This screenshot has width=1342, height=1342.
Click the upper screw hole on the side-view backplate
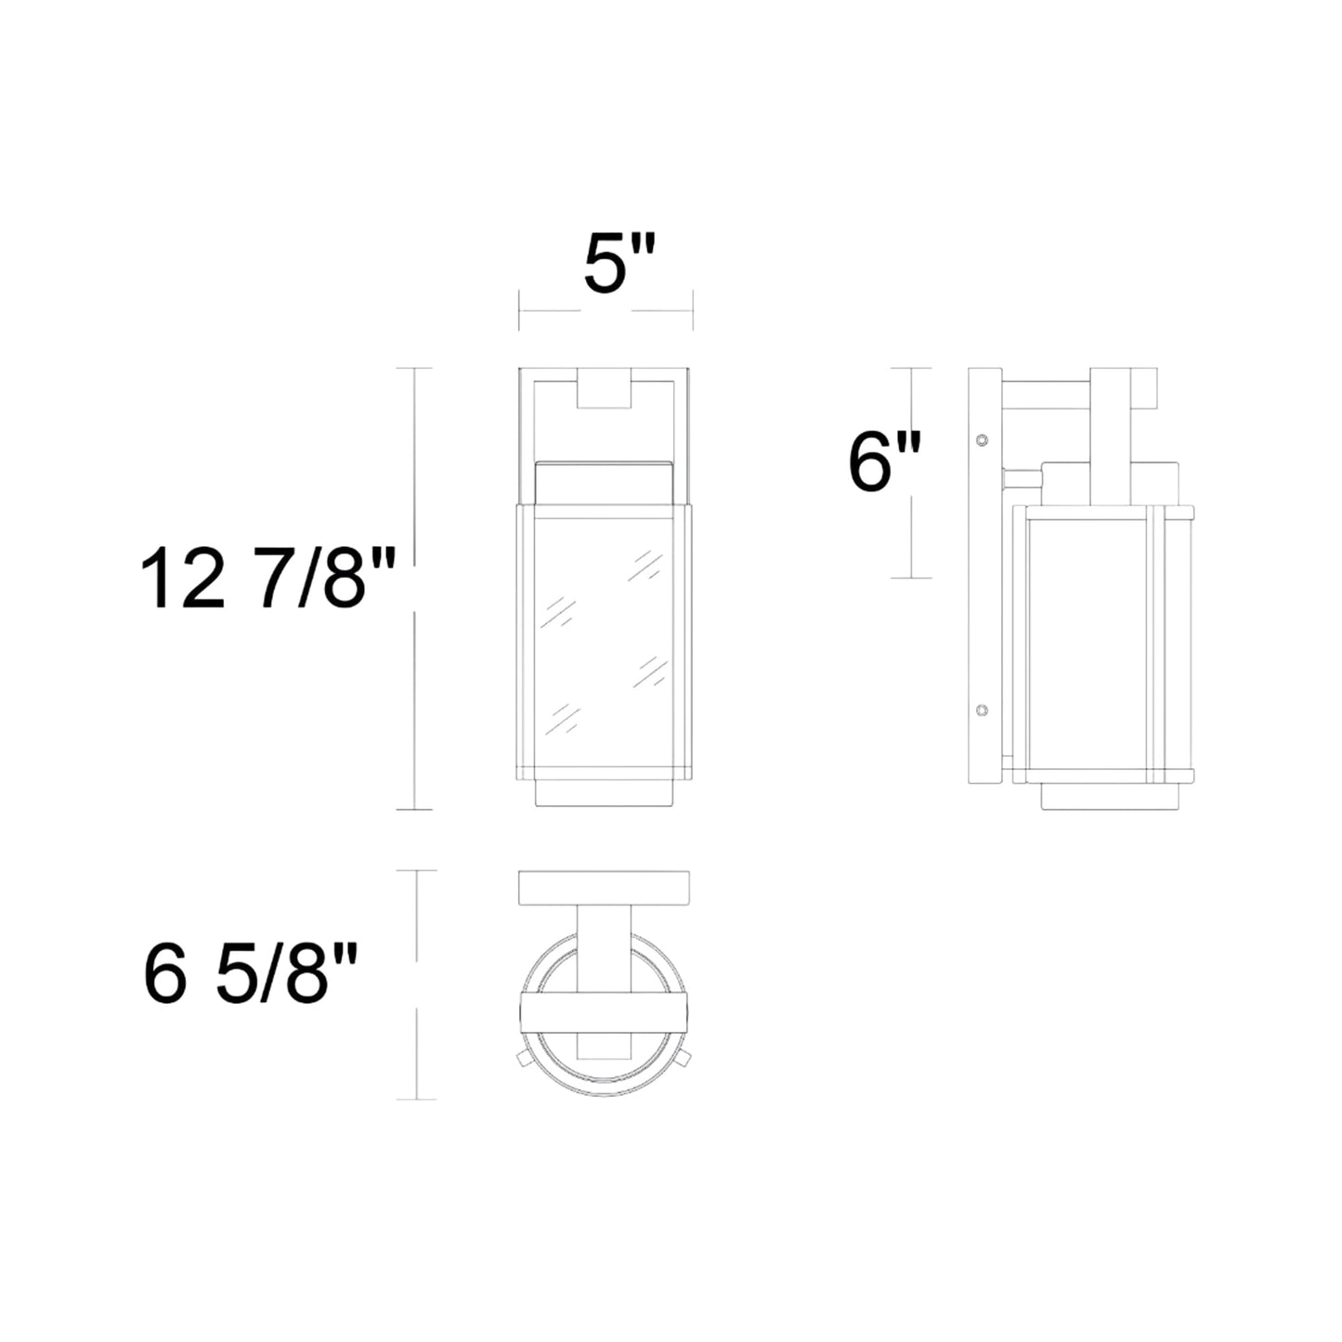[983, 438]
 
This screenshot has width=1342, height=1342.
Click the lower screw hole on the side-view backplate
[983, 710]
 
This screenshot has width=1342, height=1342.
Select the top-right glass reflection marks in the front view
[645, 565]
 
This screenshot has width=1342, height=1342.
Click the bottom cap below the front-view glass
[605, 794]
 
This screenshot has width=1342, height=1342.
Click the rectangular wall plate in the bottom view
[604, 888]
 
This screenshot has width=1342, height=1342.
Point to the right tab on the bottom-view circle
[684, 1059]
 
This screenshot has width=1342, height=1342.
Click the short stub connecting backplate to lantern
[1021, 480]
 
